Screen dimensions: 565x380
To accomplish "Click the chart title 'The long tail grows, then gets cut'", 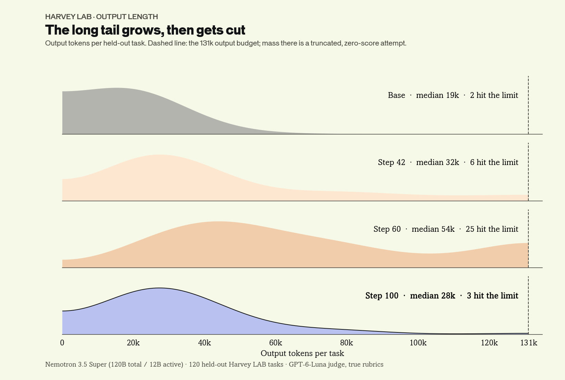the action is pyautogui.click(x=145, y=30).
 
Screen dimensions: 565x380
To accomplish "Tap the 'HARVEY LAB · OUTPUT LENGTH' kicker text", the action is pyautogui.click(x=101, y=17).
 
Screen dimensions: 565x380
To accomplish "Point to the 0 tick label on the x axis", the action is pyautogui.click(x=62, y=343).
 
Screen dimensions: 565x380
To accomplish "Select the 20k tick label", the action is pyautogui.click(x=133, y=343).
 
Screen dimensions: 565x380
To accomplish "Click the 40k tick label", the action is pyautogui.click(x=204, y=343).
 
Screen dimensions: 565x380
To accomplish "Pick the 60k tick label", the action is pyautogui.click(x=275, y=343).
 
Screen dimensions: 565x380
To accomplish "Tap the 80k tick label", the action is pyautogui.click(x=347, y=343).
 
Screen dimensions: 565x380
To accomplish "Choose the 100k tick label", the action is pyautogui.click(x=418, y=343).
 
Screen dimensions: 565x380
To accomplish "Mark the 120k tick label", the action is pyautogui.click(x=489, y=343).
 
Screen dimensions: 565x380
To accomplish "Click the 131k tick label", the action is pyautogui.click(x=529, y=343).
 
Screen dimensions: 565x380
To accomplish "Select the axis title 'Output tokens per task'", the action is pyautogui.click(x=302, y=353).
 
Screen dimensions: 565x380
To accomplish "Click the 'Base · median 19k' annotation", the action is pyautogui.click(x=423, y=95).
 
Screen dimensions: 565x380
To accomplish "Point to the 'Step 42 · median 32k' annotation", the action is pyautogui.click(x=418, y=162).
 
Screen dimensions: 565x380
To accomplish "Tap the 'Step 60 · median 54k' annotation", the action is pyautogui.click(x=414, y=229).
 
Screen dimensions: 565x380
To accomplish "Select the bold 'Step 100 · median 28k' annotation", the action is pyautogui.click(x=410, y=296).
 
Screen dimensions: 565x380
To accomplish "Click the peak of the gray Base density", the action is pyautogui.click(x=116, y=88).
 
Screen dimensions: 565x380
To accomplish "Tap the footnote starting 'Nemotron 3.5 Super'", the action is pyautogui.click(x=214, y=365).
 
